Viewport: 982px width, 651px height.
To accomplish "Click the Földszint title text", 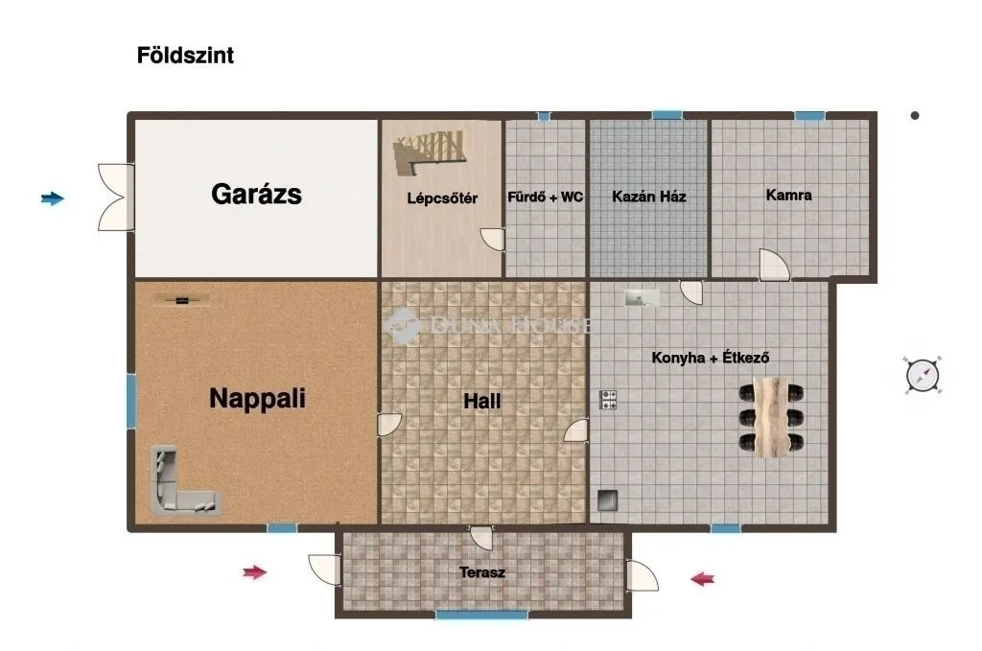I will pos(185,56).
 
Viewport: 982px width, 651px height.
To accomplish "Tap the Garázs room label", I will pos(256,195).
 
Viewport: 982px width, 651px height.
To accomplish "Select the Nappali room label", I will pos(257,398).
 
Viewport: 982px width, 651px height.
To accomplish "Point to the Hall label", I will pos(482,402).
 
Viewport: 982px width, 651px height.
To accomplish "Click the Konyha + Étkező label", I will pos(711,358).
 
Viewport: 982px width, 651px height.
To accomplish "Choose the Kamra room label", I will pos(788,196).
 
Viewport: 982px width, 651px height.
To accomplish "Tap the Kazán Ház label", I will pos(649,197).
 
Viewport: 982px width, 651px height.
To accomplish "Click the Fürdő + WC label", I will pos(545,197).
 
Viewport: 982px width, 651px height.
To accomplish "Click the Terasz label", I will pos(482,572).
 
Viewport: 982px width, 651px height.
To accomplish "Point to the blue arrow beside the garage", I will pos(53,198).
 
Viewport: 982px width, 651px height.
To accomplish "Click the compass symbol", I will pos(923,374).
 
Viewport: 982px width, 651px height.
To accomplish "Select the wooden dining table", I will pos(770,416).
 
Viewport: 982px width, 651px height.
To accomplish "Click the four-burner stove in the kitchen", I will pos(608,400).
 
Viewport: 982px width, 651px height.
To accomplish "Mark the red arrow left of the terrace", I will pos(254,572).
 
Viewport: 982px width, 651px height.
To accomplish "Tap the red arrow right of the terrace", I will pos(704,578).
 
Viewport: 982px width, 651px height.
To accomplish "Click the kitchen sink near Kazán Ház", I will pos(641,297).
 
